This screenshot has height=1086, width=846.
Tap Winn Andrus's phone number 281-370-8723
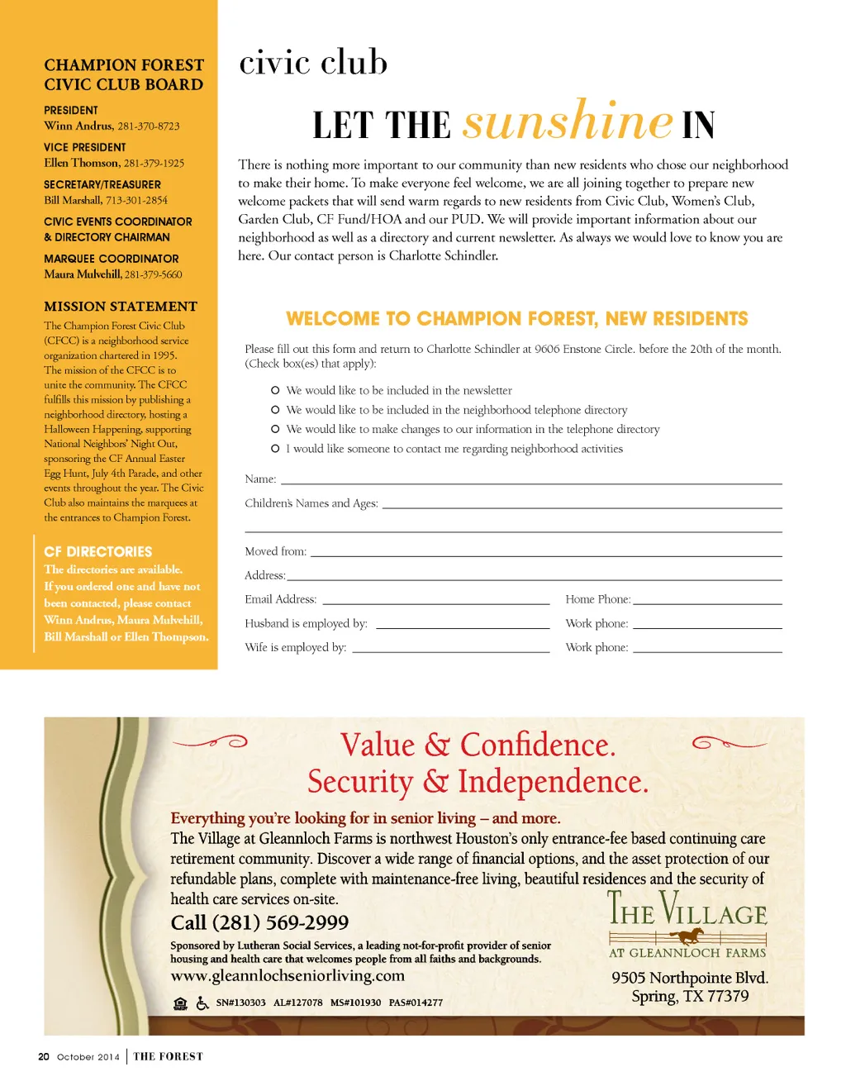(149, 126)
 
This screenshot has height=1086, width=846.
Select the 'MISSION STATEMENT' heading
(121, 307)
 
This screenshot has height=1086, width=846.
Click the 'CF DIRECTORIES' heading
(98, 551)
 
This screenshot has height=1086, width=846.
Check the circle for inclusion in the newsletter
(275, 390)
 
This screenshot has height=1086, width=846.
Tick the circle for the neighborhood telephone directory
(275, 410)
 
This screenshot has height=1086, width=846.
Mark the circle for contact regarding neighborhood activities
(275, 449)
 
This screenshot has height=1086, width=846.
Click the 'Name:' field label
(260, 479)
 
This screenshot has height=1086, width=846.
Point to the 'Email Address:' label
(280, 599)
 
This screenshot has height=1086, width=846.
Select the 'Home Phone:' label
(597, 599)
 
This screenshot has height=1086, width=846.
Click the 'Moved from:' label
(275, 551)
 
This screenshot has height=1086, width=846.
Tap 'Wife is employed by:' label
(295, 647)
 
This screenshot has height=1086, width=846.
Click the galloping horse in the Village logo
(687, 936)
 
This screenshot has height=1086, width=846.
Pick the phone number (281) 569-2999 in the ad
(259, 922)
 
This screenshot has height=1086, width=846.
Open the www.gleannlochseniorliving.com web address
(288, 976)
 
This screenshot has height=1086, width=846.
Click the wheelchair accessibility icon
(202, 1003)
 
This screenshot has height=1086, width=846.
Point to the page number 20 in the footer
(44, 1057)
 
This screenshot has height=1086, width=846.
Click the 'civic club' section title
(313, 64)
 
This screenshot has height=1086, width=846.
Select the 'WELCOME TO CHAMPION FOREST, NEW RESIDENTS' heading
(516, 319)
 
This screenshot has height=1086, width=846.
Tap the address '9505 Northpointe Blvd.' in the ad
(690, 978)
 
